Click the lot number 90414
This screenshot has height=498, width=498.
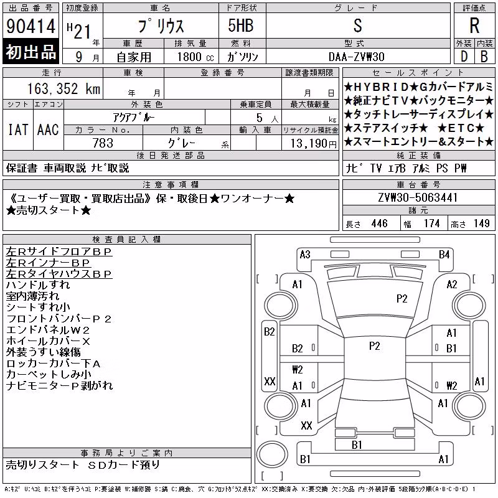tap(31, 26)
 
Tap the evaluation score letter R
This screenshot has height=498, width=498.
tap(474, 26)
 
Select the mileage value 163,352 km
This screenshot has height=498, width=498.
tap(64, 88)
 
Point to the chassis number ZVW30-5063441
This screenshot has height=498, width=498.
tap(418, 197)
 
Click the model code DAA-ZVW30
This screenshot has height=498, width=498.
tap(357, 57)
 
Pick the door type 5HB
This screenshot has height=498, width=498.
tap(241, 26)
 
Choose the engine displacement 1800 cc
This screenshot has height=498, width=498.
tap(195, 57)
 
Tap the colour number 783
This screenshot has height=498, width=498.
tap(103, 143)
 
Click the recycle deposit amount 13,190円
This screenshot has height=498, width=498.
tap(314, 144)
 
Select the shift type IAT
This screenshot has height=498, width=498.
tap(18, 129)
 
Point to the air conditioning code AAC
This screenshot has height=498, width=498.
tap(48, 129)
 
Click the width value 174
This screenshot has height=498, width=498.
tap(431, 223)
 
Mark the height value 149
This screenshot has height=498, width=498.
tap(481, 223)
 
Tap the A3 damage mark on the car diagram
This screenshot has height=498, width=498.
tap(305, 255)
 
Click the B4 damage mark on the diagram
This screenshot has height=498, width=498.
tap(444, 255)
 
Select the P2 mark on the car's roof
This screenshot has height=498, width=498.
tap(375, 346)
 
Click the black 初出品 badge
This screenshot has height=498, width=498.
tap(31, 51)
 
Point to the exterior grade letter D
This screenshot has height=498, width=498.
tap(464, 57)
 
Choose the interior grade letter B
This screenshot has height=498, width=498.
tap(484, 57)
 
